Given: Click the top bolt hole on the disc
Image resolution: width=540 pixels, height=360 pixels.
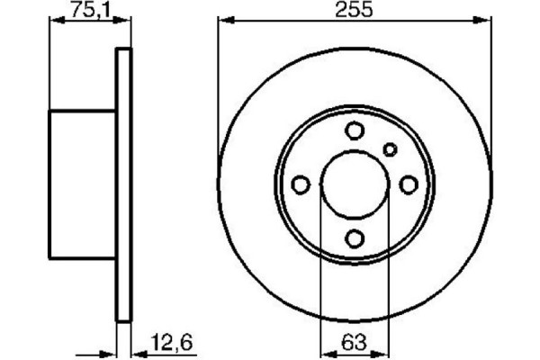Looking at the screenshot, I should (x=355, y=131).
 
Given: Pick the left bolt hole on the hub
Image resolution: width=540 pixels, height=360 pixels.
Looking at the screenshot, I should (x=301, y=184).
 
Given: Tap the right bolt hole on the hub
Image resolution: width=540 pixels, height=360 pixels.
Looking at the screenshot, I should (x=409, y=184).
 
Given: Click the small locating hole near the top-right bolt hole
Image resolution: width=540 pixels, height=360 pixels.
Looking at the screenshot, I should (x=390, y=149).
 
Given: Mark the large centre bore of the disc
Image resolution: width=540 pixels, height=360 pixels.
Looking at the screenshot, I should (x=355, y=184).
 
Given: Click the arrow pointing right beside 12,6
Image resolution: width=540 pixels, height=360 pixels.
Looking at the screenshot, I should (x=110, y=354).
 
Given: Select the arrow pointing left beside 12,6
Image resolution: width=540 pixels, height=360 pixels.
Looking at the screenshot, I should (x=139, y=354).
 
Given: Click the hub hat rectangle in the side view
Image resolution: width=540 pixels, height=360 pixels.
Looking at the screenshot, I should (x=83, y=184).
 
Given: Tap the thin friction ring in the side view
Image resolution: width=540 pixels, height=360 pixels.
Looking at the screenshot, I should (x=124, y=184).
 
